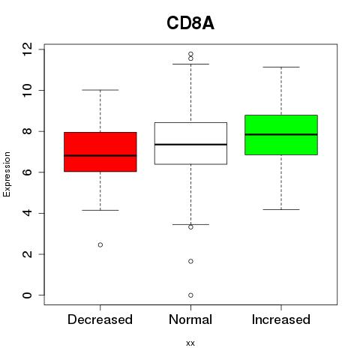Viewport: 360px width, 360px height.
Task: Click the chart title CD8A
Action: click(x=190, y=23)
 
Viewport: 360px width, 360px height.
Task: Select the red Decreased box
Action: click(x=100, y=151)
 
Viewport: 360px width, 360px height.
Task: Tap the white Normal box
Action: click(x=190, y=143)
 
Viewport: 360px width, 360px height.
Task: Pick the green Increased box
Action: click(x=281, y=135)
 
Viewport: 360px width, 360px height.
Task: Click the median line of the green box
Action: click(x=281, y=134)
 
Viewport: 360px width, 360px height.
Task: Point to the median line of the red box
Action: click(x=100, y=155)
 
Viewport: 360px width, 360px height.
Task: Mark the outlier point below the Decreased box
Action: click(x=100, y=244)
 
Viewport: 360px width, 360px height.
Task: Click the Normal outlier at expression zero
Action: click(x=190, y=295)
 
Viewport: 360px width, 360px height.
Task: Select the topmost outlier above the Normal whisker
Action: click(x=190, y=54)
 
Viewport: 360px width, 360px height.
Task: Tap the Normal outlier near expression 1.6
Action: click(x=190, y=261)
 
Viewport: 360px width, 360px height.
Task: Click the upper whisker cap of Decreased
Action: click(x=100, y=90)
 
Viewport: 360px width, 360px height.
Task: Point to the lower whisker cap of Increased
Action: click(x=281, y=209)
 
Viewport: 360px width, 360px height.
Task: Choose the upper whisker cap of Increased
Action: click(x=281, y=67)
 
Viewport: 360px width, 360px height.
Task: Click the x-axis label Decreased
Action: click(x=100, y=319)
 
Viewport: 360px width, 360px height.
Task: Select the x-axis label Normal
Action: click(x=190, y=319)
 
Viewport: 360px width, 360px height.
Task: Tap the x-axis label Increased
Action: click(x=281, y=319)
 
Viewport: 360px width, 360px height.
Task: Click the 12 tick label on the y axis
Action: click(x=27, y=49)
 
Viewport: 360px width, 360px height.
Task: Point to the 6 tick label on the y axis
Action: click(x=27, y=172)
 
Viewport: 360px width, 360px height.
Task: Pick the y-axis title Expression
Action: click(x=7, y=174)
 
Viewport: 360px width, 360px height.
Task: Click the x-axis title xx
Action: click(x=190, y=343)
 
